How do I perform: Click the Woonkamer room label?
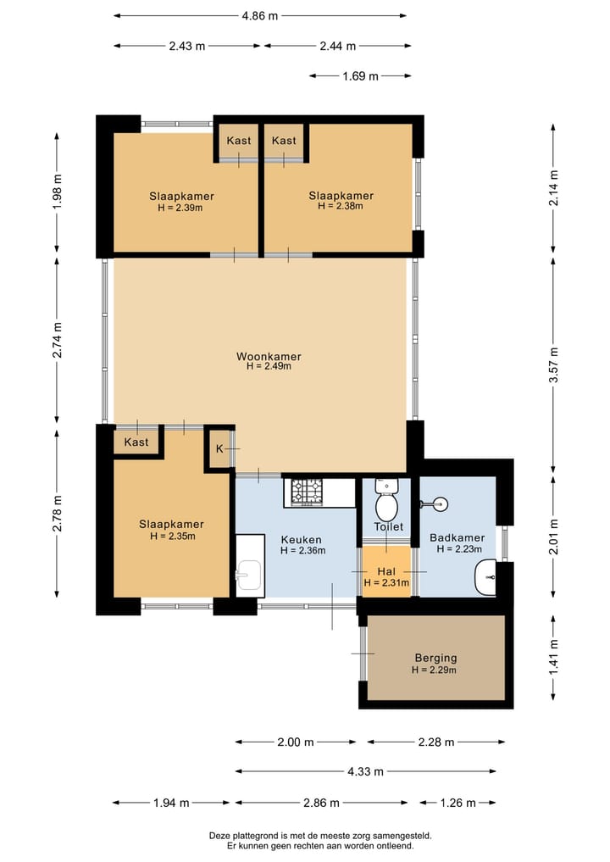[269, 356]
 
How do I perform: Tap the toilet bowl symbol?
[387, 499]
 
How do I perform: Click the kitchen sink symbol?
[249, 575]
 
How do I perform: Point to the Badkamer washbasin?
[485, 576]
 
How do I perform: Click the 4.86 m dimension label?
[260, 16]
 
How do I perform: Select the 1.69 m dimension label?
[361, 76]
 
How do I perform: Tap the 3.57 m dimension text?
[553, 365]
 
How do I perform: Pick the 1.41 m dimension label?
[553, 657]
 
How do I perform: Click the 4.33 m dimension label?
[365, 771]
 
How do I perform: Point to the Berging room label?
[435, 658]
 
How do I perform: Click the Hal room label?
[386, 572]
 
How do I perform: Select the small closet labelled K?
[219, 448]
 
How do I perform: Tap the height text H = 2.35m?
[173, 536]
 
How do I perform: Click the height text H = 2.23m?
[459, 548]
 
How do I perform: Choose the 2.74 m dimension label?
[57, 340]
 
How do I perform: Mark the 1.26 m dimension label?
[458, 803]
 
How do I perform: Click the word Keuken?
[301, 540]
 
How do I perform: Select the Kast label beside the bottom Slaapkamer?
[136, 442]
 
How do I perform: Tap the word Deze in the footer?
[219, 836]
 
